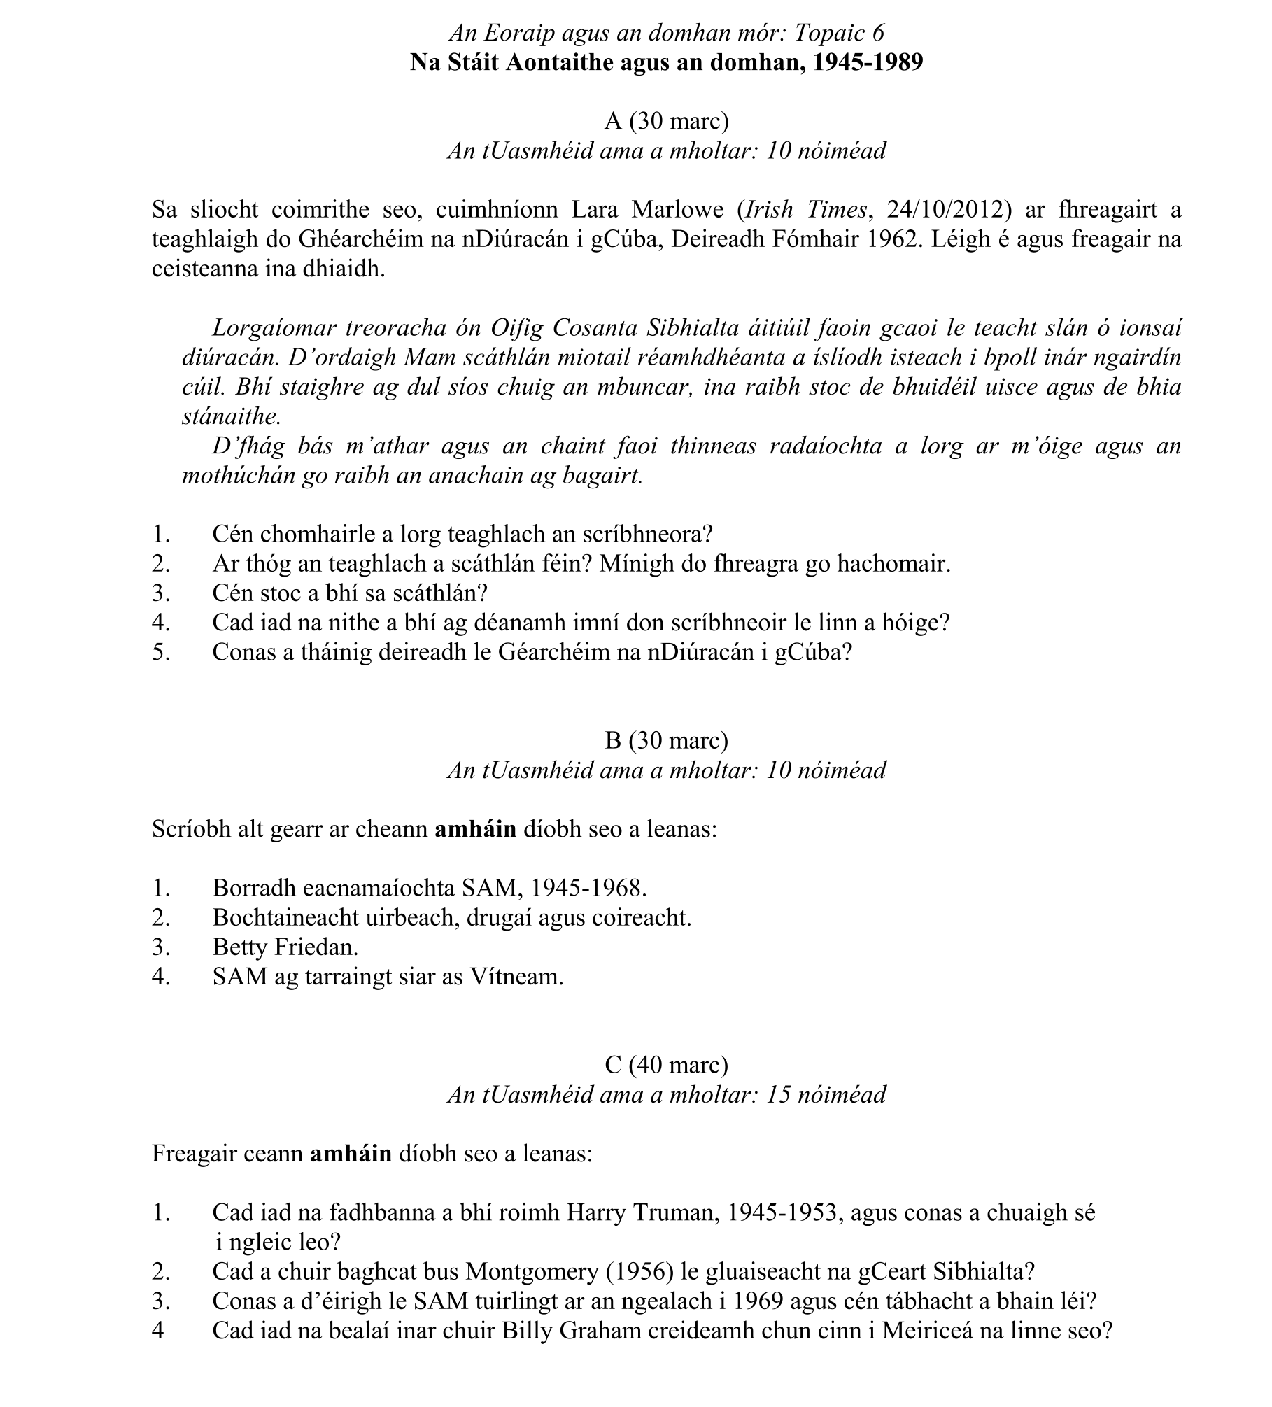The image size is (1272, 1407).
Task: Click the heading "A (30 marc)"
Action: click(x=666, y=121)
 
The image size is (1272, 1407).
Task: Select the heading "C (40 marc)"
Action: click(x=666, y=1064)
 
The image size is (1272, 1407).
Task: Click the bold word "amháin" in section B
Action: click(x=475, y=829)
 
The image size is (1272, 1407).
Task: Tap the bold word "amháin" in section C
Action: click(x=351, y=1153)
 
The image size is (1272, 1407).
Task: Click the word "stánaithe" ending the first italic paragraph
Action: click(x=231, y=416)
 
